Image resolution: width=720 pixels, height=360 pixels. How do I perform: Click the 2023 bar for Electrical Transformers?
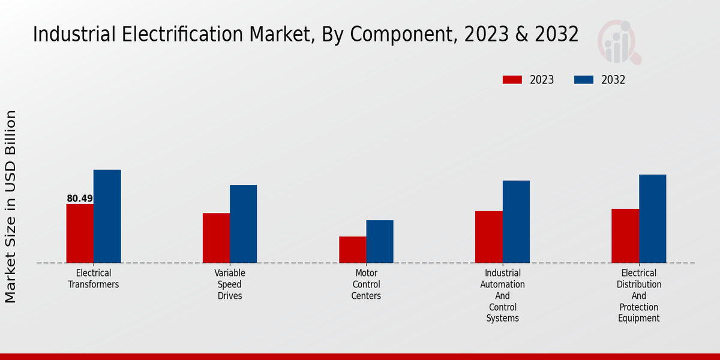point(80,233)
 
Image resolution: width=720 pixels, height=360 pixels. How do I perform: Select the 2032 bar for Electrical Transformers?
point(107,216)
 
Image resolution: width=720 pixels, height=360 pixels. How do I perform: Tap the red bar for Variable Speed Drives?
point(216,238)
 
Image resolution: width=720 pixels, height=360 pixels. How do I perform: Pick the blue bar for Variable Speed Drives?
point(243,224)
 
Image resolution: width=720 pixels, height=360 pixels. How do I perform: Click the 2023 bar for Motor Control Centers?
point(352,250)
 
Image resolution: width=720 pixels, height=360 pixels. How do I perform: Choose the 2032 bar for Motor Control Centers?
point(380,241)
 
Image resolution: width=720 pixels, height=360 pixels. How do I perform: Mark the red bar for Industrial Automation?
point(488,236)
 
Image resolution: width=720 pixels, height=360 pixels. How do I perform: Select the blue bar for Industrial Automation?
point(516,221)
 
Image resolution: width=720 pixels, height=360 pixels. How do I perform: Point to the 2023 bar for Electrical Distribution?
point(625,236)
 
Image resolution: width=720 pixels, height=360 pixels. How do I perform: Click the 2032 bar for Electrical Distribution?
point(652,218)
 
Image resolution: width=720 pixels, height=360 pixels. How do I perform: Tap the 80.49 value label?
point(80,199)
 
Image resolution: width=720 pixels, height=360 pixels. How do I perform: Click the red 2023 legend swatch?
point(512,80)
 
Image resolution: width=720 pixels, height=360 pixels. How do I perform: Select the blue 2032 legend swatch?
point(584,80)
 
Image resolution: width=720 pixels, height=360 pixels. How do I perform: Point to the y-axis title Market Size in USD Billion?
point(11,207)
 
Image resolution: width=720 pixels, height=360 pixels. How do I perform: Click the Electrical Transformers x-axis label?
point(94,279)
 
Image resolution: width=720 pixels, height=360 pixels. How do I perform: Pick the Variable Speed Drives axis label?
point(230,284)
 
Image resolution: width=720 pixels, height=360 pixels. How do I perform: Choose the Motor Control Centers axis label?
point(366,284)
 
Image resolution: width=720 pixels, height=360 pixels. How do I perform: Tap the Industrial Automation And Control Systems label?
point(502,296)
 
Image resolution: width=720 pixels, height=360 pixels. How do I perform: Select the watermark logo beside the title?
point(619,42)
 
